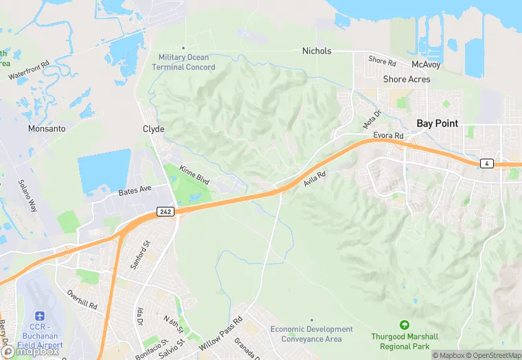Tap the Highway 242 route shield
coord(165,212)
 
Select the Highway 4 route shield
coord(486,163)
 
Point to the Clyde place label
coord(153,129)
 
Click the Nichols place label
coord(317,51)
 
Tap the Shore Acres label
coord(407,80)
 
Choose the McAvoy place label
coord(425,65)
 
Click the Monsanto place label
coord(47,128)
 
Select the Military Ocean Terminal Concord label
coord(187,62)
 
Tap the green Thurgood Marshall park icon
coord(404,324)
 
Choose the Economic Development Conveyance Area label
coord(311,333)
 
